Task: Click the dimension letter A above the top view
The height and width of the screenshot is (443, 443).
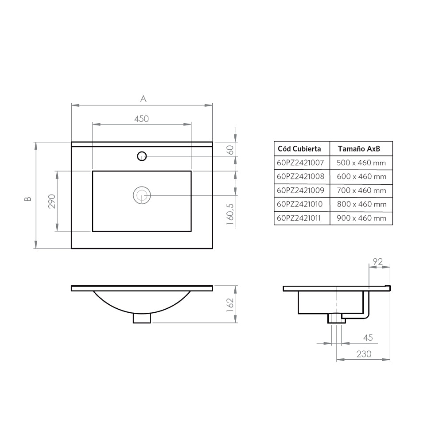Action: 143,99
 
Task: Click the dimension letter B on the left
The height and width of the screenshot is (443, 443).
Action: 28,199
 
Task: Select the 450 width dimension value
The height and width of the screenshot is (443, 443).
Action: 141,119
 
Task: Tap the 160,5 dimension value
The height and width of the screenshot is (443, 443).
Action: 230,214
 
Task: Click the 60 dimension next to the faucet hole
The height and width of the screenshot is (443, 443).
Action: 230,149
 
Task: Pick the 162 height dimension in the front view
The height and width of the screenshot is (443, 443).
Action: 230,305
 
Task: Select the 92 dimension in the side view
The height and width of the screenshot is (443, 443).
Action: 377,262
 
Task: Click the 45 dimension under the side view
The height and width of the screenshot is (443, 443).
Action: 368,338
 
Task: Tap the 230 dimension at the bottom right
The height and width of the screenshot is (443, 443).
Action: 363,354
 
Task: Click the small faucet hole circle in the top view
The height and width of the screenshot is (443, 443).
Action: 142,155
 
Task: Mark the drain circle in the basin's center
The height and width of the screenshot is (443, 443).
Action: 142,195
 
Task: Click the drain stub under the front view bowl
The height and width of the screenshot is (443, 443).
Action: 142,318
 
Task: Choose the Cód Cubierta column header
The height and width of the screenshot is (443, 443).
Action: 299,148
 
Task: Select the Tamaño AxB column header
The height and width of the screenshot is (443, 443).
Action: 359,148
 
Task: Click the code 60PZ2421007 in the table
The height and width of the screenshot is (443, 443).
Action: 300,163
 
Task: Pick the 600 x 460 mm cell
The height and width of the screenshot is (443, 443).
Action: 361,176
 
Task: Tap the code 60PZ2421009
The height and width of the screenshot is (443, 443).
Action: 300,190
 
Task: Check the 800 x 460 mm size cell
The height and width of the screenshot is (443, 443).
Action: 361,204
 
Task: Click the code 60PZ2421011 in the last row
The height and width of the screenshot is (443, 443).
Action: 300,218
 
